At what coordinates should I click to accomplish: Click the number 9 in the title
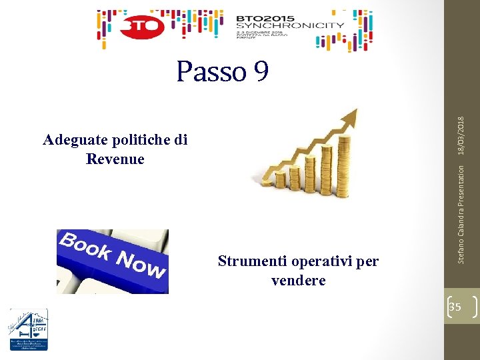click(260, 71)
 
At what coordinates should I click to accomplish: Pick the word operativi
click(321, 261)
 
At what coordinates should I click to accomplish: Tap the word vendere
click(299, 281)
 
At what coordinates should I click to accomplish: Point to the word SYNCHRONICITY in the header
click(291, 25)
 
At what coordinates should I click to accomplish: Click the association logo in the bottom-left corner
click(28, 329)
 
